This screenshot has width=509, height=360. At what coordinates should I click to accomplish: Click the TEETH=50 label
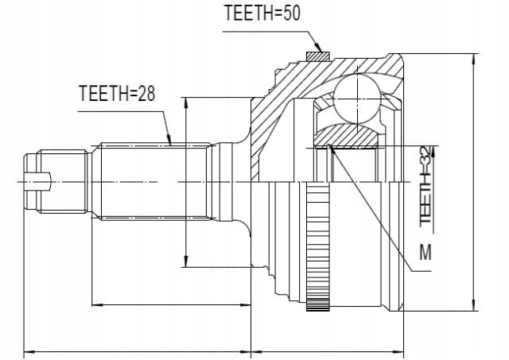(x=262, y=14)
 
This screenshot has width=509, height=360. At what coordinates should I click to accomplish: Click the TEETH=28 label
(x=117, y=94)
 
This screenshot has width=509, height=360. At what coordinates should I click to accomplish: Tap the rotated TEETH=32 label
(x=426, y=185)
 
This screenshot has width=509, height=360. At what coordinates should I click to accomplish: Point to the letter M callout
(x=425, y=252)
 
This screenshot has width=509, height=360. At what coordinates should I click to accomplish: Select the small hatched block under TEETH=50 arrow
(x=318, y=56)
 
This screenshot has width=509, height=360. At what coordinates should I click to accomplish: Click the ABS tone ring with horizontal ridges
(x=318, y=246)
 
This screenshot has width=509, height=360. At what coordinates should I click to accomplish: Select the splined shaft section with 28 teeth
(x=154, y=182)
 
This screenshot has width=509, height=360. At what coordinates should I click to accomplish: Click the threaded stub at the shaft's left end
(x=62, y=182)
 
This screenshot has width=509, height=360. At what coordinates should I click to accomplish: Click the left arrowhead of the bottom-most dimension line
(x=30, y=351)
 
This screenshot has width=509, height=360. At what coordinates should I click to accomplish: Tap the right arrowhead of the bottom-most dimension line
(x=398, y=351)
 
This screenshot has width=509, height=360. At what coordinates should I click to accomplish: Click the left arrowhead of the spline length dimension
(x=98, y=305)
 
